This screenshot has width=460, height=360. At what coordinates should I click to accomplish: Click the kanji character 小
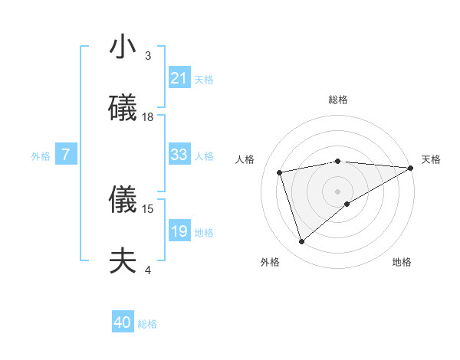(x=123, y=47)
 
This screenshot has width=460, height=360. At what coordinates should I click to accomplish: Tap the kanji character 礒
(x=123, y=108)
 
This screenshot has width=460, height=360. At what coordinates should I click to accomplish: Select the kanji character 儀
(x=123, y=201)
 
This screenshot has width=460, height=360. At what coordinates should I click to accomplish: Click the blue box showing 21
(x=179, y=78)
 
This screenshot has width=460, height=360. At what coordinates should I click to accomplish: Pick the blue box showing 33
(x=179, y=155)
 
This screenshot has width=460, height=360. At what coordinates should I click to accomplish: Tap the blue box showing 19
(x=179, y=231)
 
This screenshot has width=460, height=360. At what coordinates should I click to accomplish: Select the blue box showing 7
(x=66, y=155)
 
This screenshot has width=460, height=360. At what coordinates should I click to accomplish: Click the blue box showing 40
(x=123, y=323)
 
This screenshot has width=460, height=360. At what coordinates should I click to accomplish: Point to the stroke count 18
(x=148, y=116)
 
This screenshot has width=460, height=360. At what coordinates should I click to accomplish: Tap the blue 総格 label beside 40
(x=147, y=324)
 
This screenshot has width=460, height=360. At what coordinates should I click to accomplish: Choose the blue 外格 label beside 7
(x=41, y=155)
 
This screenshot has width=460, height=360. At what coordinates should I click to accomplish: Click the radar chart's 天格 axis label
(x=431, y=159)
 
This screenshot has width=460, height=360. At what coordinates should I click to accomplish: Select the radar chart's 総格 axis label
(x=338, y=100)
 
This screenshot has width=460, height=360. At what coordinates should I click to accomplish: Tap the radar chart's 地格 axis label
(x=402, y=262)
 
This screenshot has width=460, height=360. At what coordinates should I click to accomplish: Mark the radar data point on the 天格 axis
(x=411, y=168)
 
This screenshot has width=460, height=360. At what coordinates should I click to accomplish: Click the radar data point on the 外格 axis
(x=301, y=242)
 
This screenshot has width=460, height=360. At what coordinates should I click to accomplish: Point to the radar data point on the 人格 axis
(x=280, y=172)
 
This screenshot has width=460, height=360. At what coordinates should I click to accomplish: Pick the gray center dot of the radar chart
(x=338, y=191)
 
